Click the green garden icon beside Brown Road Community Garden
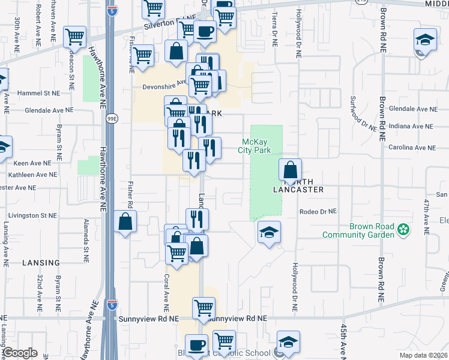tap(404, 229)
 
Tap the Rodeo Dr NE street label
tap(319, 212)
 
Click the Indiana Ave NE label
tap(411, 127)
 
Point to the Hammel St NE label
tap(39, 94)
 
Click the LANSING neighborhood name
tap(41, 263)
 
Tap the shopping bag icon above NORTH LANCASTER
tap(291, 170)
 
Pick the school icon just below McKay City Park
tap(269, 232)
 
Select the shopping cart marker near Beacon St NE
tap(74, 37)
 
